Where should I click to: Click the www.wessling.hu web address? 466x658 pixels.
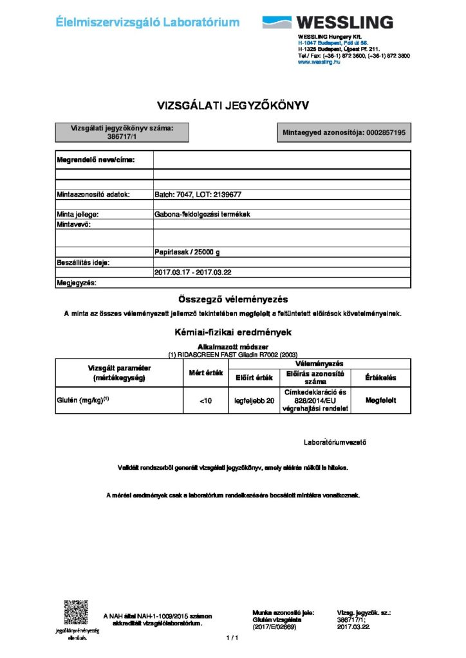(x=319, y=62)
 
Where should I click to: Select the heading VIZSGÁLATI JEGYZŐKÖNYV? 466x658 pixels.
(x=234, y=105)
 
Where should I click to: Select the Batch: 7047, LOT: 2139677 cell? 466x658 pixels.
(x=198, y=194)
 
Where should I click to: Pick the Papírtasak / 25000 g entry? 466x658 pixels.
(x=190, y=252)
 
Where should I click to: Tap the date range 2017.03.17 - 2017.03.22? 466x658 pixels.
(x=193, y=272)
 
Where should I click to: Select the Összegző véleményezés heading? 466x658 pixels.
(x=232, y=299)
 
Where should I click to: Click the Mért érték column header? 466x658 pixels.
(x=205, y=373)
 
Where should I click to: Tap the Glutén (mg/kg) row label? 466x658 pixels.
(x=84, y=400)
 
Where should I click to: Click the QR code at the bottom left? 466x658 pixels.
(x=75, y=612)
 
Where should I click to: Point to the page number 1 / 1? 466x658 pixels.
(x=232, y=638)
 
